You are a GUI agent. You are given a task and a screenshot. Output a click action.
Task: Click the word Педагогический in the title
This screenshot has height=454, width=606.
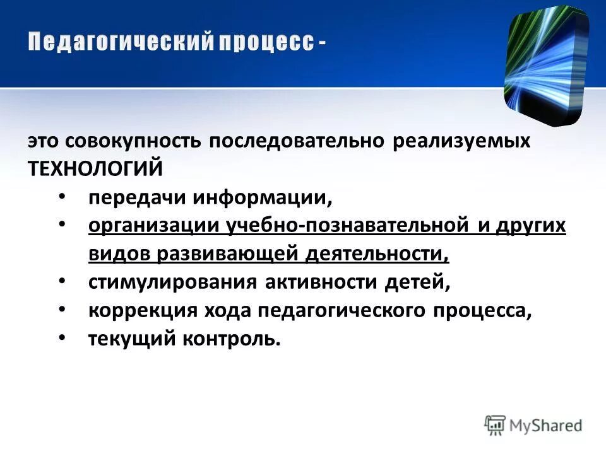pyautogui.click(x=118, y=42)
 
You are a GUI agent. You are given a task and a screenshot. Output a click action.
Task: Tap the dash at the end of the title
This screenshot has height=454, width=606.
pyautogui.click(x=323, y=42)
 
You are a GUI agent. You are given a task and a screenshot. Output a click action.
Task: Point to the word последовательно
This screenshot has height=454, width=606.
pyautogui.click(x=297, y=141)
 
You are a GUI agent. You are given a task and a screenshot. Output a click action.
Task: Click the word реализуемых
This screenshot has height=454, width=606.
pyautogui.click(x=461, y=141)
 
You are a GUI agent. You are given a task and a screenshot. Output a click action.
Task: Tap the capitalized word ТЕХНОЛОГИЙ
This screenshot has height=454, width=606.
pyautogui.click(x=95, y=168)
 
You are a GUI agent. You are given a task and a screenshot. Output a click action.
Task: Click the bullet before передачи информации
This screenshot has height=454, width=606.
pyautogui.click(x=61, y=197)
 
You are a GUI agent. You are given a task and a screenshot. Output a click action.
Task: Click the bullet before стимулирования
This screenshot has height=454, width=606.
pyautogui.click(x=61, y=282)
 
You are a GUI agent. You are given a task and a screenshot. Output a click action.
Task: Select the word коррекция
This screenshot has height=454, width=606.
pyautogui.click(x=131, y=311)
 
